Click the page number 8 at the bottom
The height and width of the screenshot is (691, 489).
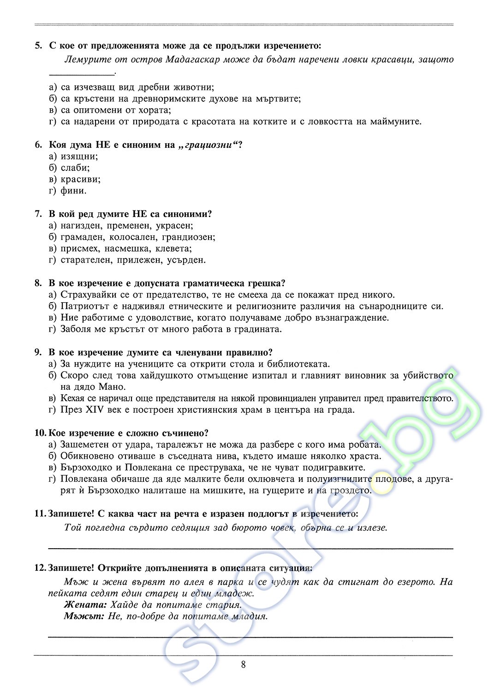pyautogui.click(x=243, y=664)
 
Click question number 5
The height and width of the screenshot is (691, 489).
pyautogui.click(x=38, y=46)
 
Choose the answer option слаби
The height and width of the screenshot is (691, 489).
pyautogui.click(x=75, y=168)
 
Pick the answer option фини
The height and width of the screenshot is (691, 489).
pyautogui.click(x=73, y=191)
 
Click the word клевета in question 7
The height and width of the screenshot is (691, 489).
pyautogui.click(x=175, y=249)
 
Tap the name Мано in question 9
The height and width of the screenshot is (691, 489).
pyautogui.click(x=112, y=387)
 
